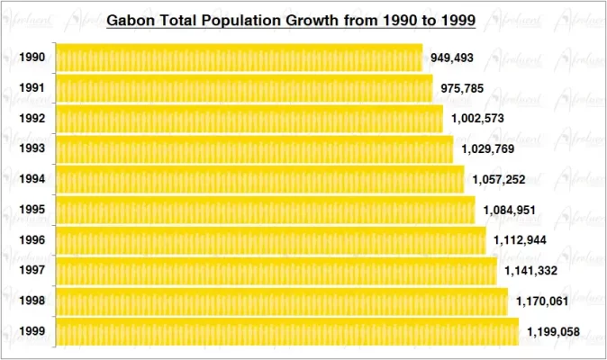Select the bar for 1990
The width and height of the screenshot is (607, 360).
pyautogui.click(x=239, y=58)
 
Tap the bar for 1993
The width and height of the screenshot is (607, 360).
pyautogui.click(x=254, y=149)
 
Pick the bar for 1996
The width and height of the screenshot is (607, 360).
pyautogui.click(x=270, y=240)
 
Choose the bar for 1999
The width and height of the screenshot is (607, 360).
pyautogui.click(x=286, y=331)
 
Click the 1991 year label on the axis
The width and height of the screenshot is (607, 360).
pyautogui.click(x=32, y=88)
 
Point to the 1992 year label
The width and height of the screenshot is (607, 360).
pyautogui.click(x=32, y=119)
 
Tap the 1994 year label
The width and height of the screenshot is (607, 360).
pyautogui.click(x=32, y=179)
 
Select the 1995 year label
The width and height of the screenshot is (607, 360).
pyautogui.click(x=32, y=210)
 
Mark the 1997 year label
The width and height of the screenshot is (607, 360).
pyautogui.click(x=32, y=271)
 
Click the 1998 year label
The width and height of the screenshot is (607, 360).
pyautogui.click(x=32, y=301)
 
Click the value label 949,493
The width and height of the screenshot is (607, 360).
pyautogui.click(x=452, y=58)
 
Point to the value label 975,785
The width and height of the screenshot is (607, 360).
pyautogui.click(x=463, y=88)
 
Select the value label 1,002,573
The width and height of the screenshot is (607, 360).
pyautogui.click(x=478, y=119)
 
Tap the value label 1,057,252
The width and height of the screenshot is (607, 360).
pyautogui.click(x=499, y=179)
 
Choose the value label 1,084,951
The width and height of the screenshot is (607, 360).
pyautogui.click(x=510, y=210)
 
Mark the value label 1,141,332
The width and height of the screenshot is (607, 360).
pyautogui.click(x=531, y=271)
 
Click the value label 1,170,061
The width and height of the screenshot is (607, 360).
pyautogui.click(x=542, y=301)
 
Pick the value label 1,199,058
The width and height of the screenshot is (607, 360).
pyautogui.click(x=553, y=332)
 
